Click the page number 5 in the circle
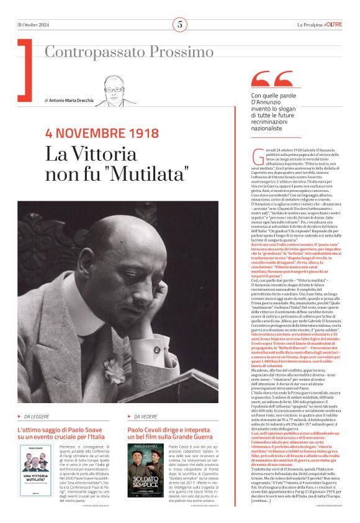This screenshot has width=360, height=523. [x=179, y=25]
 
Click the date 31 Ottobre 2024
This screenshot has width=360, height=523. [x=35, y=25]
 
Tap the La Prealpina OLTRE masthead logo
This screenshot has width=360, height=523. [x=319, y=25]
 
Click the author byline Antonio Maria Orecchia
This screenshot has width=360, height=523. [x=70, y=100]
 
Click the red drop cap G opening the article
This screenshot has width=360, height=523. [x=258, y=155]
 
